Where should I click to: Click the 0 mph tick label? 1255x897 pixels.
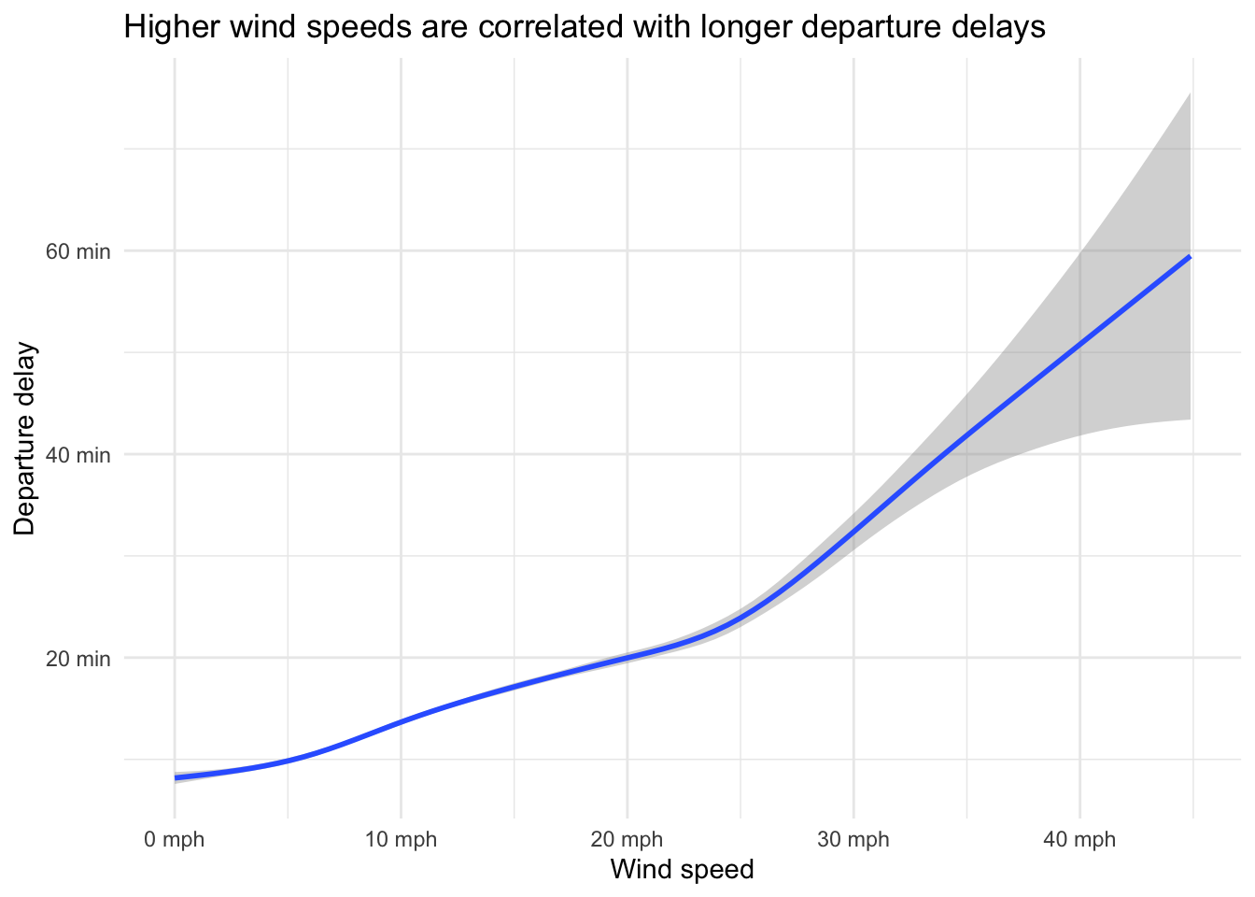[174, 840]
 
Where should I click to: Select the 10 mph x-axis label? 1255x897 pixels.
[401, 840]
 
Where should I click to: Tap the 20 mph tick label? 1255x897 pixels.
[627, 840]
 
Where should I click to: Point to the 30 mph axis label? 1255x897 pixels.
[853, 840]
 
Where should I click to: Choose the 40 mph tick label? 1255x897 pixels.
[1079, 840]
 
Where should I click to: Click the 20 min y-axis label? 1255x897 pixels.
[78, 659]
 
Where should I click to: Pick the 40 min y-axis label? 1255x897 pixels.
[78, 455]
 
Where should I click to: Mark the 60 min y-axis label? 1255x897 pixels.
[78, 251]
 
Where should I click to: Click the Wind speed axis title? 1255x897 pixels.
[682, 870]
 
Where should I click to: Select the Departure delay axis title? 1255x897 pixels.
[25, 439]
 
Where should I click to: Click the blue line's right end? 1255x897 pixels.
[1189, 256]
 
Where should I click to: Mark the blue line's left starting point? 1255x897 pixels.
[176, 777]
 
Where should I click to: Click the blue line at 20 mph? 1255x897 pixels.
[627, 658]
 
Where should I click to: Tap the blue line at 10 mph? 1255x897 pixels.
[401, 721]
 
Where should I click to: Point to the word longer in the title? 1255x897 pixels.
[742, 28]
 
